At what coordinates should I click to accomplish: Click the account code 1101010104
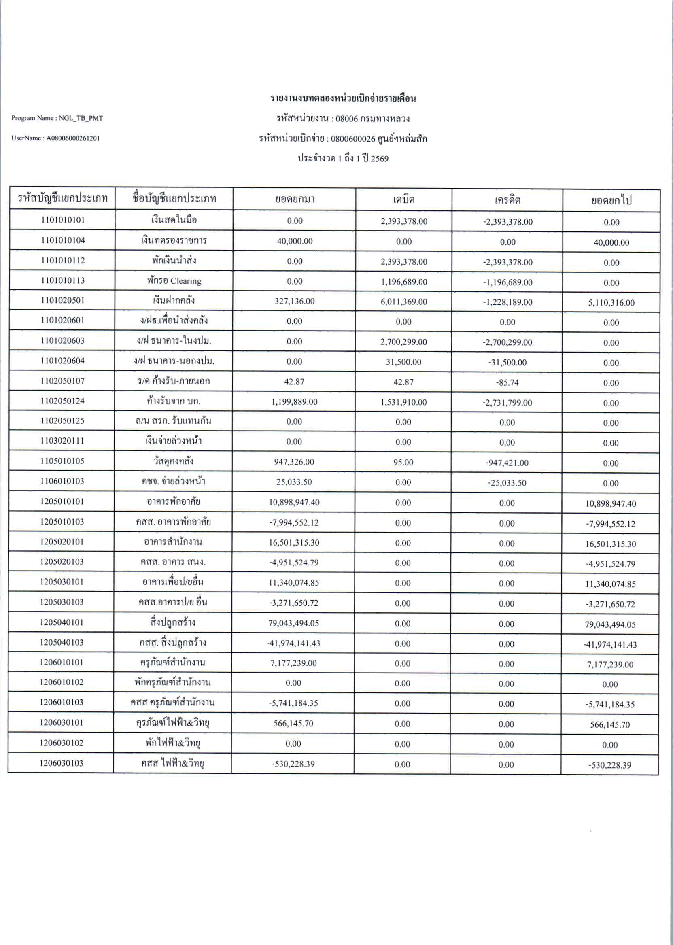tap(63, 240)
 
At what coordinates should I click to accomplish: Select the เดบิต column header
tap(403, 200)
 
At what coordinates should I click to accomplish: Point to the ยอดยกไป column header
tap(611, 201)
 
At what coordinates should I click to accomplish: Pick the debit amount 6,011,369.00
tap(403, 302)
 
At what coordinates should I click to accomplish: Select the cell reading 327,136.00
tap(295, 302)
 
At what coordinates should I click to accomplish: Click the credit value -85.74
tap(507, 382)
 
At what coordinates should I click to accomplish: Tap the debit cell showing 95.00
tap(403, 463)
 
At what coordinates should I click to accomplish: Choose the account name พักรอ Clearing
tap(174, 281)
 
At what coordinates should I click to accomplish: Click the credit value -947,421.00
tap(507, 463)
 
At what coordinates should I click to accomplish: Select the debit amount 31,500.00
tap(403, 362)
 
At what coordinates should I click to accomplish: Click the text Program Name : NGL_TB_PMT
tap(57, 118)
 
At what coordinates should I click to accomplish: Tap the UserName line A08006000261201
tap(55, 138)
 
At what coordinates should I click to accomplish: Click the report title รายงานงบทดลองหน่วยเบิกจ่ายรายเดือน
tap(343, 99)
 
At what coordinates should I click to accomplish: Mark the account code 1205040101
tap(62, 622)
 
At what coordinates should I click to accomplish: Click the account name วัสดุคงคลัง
tap(174, 461)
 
